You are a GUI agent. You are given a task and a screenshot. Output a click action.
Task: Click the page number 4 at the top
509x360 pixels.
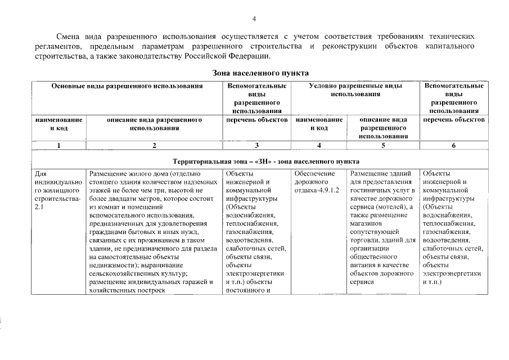click(x=254, y=19)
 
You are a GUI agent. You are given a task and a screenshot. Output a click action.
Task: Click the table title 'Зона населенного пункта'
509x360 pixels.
click(x=260, y=73)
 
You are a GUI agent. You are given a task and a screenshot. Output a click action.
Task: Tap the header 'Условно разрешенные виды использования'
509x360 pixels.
click(x=355, y=90)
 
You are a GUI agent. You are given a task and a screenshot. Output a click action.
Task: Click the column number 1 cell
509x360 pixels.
click(x=58, y=145)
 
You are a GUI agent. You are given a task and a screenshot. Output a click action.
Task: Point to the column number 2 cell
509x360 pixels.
click(x=154, y=145)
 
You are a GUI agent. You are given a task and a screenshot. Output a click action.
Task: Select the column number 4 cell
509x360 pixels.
click(x=319, y=145)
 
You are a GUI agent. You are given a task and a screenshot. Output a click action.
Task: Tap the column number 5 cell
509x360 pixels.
click(x=383, y=145)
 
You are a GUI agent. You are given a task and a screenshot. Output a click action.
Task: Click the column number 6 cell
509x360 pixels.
click(x=454, y=145)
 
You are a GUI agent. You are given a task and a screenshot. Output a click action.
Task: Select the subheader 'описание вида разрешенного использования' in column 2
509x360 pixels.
click(x=154, y=124)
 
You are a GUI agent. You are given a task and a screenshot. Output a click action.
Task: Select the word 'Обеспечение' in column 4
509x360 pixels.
click(x=314, y=173)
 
